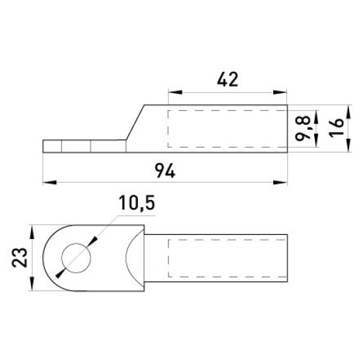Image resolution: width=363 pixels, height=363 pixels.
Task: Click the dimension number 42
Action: coord(228,79)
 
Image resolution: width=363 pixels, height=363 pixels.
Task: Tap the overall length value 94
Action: coord(165,171)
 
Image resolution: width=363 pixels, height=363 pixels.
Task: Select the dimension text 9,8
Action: coord(302,128)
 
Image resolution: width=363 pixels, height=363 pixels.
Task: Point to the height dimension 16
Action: coord(337,128)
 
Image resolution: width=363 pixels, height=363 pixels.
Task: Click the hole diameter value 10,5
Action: coord(137,203)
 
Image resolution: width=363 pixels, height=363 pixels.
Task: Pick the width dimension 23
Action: coord(20,257)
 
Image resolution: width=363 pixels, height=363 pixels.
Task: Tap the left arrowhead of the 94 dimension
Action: coord(49,182)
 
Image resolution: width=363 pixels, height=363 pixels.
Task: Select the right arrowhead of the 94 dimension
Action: coord(280,182)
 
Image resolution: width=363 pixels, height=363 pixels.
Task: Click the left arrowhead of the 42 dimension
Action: coord(176,92)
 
